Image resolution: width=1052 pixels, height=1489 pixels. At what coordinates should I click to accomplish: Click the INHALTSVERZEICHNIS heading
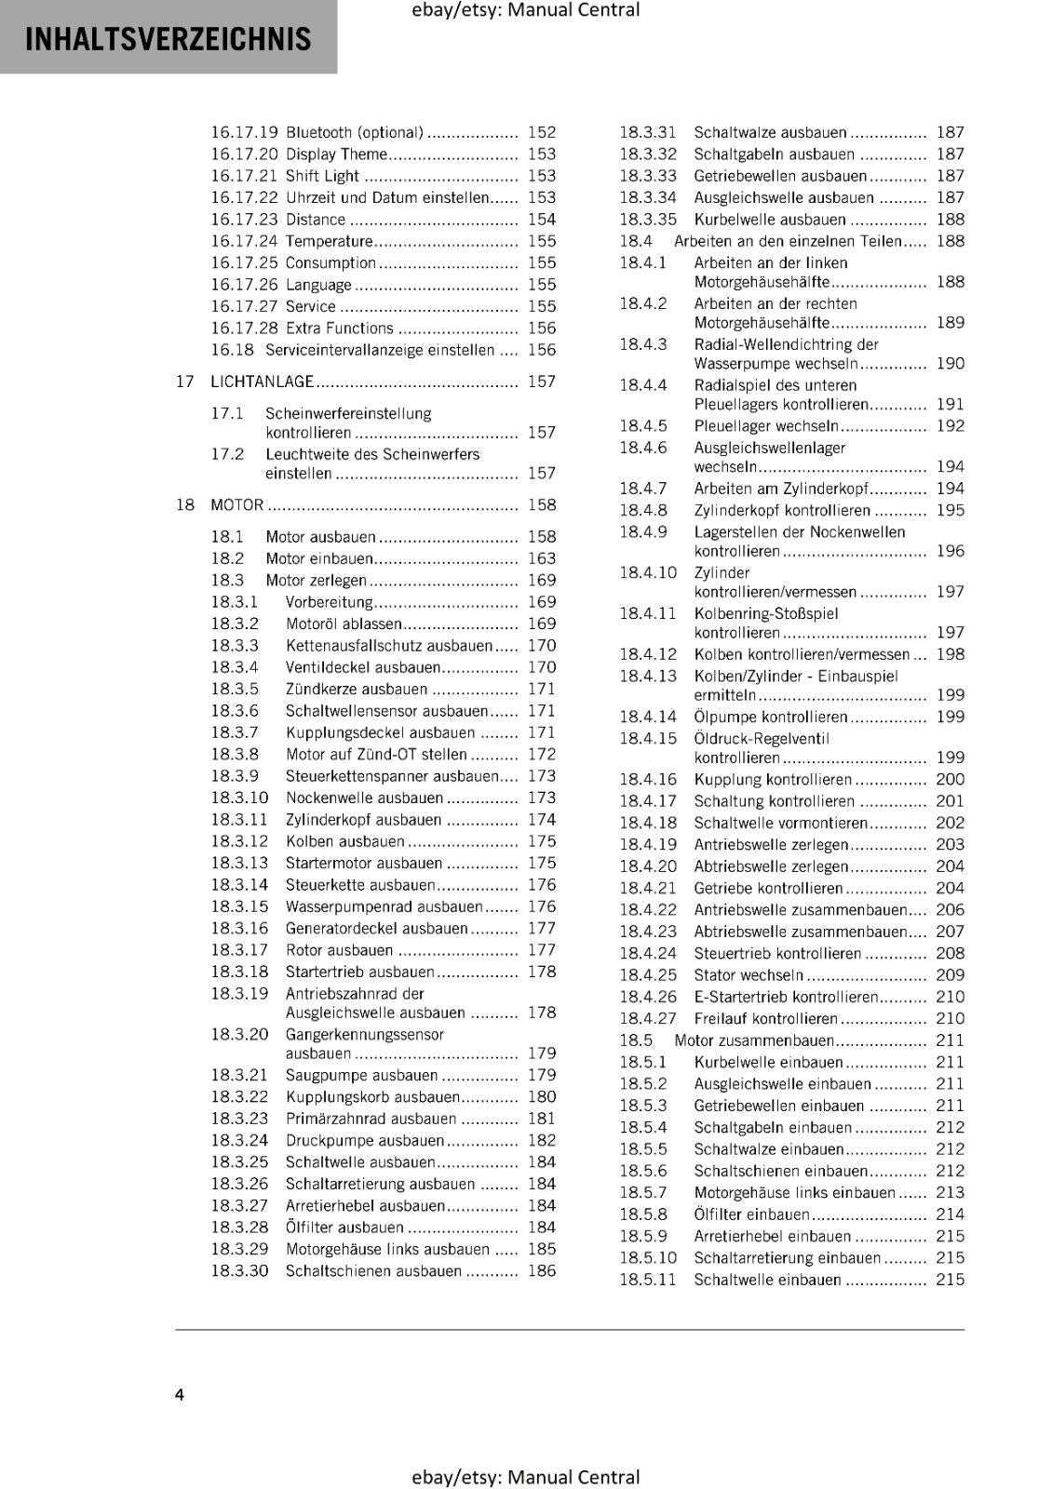tap(169, 39)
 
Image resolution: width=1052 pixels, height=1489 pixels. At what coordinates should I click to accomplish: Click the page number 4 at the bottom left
tap(180, 1394)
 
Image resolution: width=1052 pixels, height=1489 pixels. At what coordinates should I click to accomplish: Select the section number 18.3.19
tap(239, 993)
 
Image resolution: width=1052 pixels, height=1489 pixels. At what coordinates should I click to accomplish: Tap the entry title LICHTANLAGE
tap(263, 382)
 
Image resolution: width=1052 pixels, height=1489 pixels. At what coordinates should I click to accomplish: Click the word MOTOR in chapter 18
tap(237, 505)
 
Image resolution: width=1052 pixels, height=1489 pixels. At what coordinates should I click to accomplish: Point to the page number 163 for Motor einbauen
tap(541, 558)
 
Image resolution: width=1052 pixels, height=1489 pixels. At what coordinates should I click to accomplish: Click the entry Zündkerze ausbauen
tap(357, 690)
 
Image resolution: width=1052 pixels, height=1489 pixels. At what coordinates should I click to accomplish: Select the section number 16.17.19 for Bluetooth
tap(244, 133)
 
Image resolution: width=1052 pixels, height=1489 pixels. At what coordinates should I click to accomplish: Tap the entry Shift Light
tap(322, 176)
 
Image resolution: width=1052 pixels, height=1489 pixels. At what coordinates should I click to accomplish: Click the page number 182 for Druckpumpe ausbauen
tap(541, 1140)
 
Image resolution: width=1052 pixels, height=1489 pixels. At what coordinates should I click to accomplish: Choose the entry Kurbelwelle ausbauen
tap(770, 220)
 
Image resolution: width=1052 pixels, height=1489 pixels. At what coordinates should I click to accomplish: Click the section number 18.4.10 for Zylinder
tap(648, 572)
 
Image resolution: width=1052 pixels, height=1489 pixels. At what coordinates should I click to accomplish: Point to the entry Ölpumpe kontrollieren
tap(771, 717)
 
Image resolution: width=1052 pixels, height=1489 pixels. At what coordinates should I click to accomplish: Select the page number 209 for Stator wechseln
tap(950, 974)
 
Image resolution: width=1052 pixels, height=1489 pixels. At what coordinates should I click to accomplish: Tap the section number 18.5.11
tap(647, 1280)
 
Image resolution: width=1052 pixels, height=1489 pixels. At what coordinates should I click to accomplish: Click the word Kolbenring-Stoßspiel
tap(766, 613)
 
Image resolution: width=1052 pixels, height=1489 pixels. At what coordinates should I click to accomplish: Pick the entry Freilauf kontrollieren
tap(766, 1018)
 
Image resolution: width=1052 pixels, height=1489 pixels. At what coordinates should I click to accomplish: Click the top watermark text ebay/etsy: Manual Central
tap(525, 10)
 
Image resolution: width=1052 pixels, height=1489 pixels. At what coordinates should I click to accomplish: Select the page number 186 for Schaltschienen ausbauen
tap(541, 1270)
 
